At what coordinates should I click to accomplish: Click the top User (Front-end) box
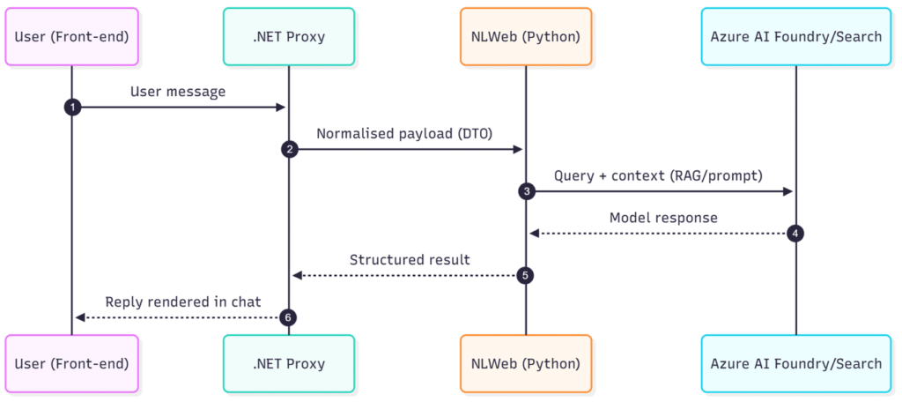coord(71,36)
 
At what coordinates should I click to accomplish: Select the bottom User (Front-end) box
coord(71,363)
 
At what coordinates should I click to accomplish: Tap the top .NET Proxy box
coord(289,36)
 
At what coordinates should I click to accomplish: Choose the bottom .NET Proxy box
coord(289,363)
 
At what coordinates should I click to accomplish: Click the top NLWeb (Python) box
coord(526,36)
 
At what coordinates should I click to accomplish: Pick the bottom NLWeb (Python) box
coord(526,363)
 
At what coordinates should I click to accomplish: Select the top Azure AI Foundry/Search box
coord(796,36)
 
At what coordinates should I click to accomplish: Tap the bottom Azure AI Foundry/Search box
coord(796,363)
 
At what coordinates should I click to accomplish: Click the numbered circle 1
coord(72,107)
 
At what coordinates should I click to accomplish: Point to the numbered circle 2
coord(289,149)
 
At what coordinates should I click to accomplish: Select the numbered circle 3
coord(526,191)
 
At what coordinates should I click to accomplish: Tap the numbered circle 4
coord(796,234)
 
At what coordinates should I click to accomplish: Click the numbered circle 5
coord(526,275)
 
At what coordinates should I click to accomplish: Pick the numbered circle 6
coord(289,317)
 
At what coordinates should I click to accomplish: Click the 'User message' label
coord(178,91)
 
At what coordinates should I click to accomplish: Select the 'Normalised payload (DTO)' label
coord(405,133)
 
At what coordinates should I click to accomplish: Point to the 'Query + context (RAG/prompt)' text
coord(658,175)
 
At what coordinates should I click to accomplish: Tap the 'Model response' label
coord(663,218)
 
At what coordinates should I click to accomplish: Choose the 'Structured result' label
coord(410,259)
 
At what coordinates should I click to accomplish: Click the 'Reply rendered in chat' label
coord(183,301)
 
